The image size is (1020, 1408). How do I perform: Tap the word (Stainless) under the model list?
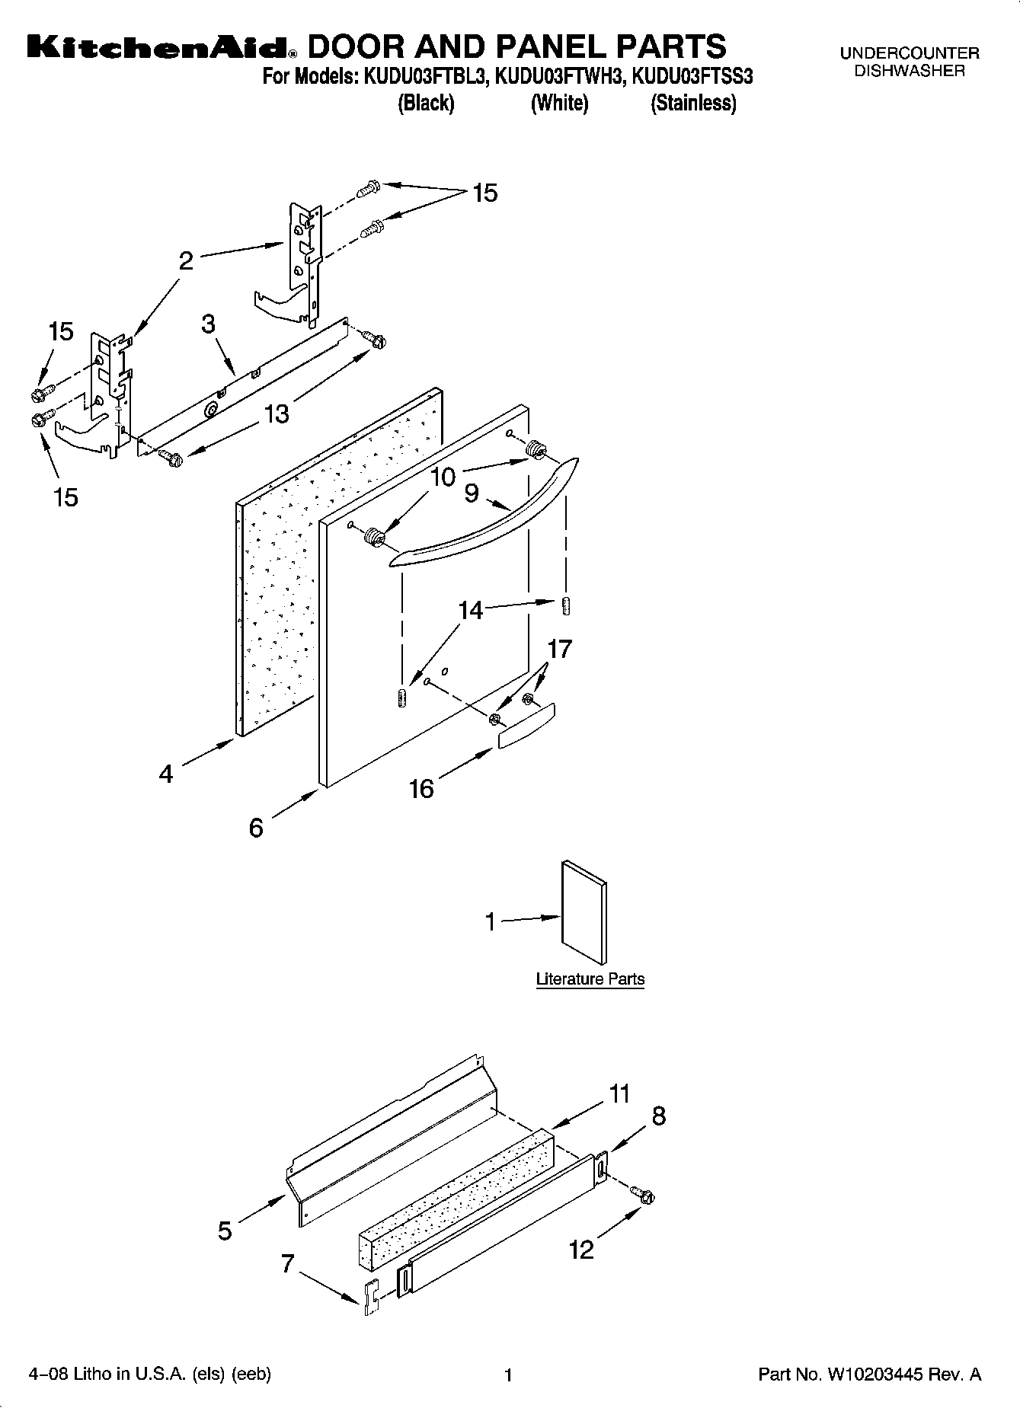[x=692, y=104]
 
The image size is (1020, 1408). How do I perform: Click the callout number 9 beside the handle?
[x=472, y=493]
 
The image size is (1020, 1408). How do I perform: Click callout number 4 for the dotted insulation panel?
[x=166, y=774]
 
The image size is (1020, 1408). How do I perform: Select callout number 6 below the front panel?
[x=256, y=827]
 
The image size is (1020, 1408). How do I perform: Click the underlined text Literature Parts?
[x=590, y=979]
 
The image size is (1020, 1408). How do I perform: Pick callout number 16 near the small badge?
[x=421, y=788]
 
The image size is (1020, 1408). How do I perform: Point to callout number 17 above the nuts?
[x=559, y=649]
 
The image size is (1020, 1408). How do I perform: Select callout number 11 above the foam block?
[x=619, y=1094]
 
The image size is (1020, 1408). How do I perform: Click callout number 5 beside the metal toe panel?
[x=225, y=1230]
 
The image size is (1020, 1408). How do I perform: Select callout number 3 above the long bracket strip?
[x=208, y=324]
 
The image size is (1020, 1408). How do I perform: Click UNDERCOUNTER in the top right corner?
[x=909, y=53]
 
